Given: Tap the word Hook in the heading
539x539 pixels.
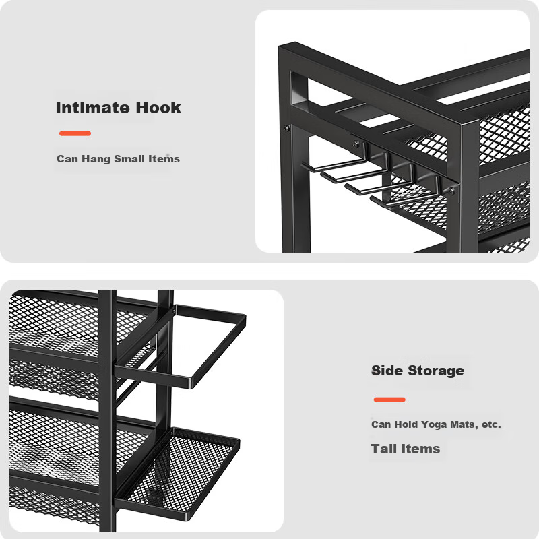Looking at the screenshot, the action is pyautogui.click(x=158, y=108).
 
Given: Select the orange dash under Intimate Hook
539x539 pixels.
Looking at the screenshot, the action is pyautogui.click(x=75, y=133).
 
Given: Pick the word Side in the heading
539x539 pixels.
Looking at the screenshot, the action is pyautogui.click(x=387, y=370).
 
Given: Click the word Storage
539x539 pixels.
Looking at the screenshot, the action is pyautogui.click(x=436, y=371).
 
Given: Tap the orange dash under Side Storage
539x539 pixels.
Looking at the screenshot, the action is pyautogui.click(x=389, y=400).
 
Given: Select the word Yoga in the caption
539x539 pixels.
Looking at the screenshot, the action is pyautogui.click(x=434, y=425).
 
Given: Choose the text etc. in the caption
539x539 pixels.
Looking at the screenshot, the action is pyautogui.click(x=491, y=424).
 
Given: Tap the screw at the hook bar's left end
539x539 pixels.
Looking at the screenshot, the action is pyautogui.click(x=356, y=144).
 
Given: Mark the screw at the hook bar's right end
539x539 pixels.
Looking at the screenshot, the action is pyautogui.click(x=451, y=191).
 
